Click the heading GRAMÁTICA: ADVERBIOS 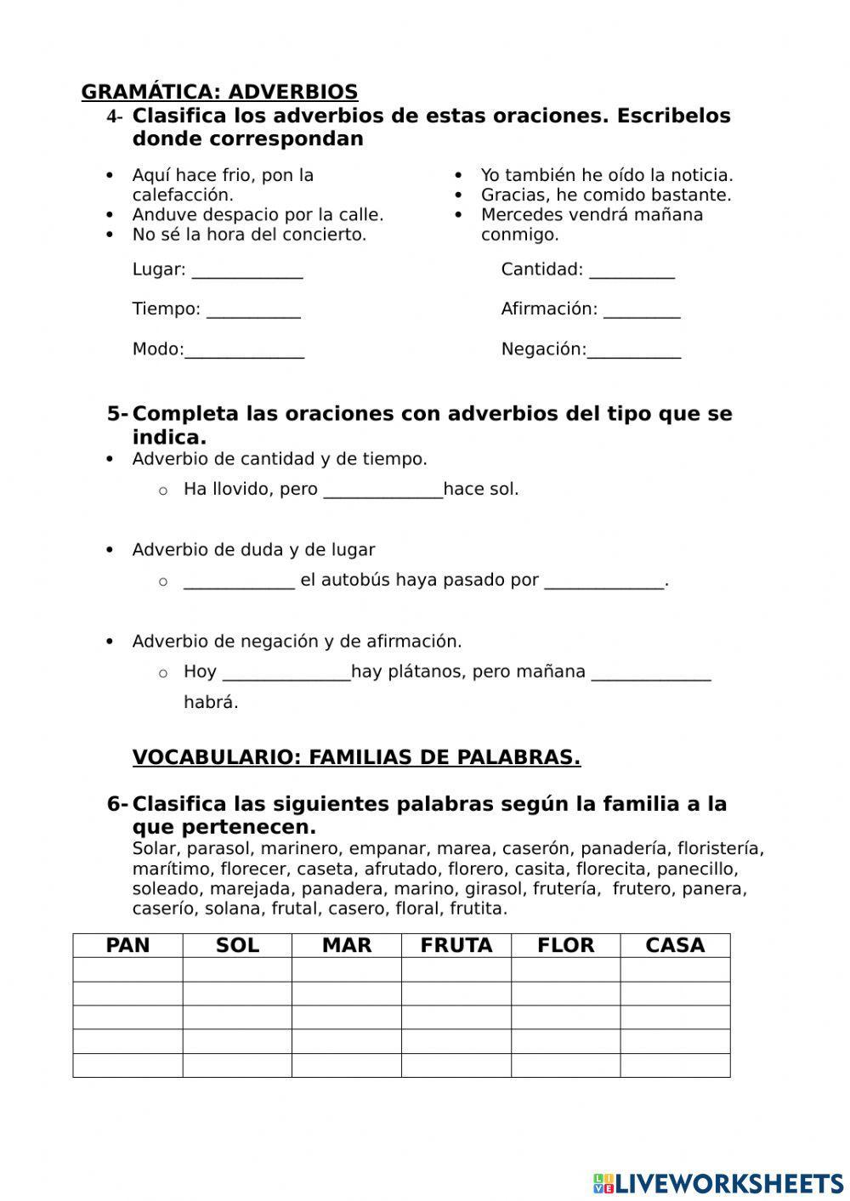click(219, 92)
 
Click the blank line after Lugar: click(247, 271)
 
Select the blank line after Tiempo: click(253, 310)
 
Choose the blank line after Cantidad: click(632, 271)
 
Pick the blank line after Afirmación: click(642, 310)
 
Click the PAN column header click(127, 945)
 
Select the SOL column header click(237, 945)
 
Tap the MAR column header click(347, 945)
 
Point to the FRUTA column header click(456, 945)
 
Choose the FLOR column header click(565, 945)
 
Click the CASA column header click(675, 945)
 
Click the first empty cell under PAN click(127, 970)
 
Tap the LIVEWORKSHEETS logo click(718, 1182)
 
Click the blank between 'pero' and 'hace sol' click(383, 490)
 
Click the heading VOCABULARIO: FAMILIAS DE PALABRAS click(356, 757)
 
